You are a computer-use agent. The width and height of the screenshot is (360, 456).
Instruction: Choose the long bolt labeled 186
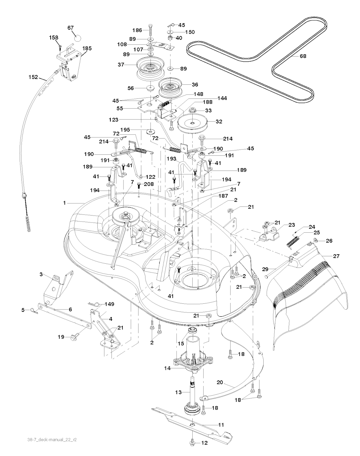tap(151, 31)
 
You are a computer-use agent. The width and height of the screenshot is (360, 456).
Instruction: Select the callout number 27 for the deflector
tap(336, 256)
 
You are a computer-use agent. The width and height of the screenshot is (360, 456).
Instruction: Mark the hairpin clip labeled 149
tap(92, 304)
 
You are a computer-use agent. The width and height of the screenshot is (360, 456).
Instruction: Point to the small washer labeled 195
tap(151, 131)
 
